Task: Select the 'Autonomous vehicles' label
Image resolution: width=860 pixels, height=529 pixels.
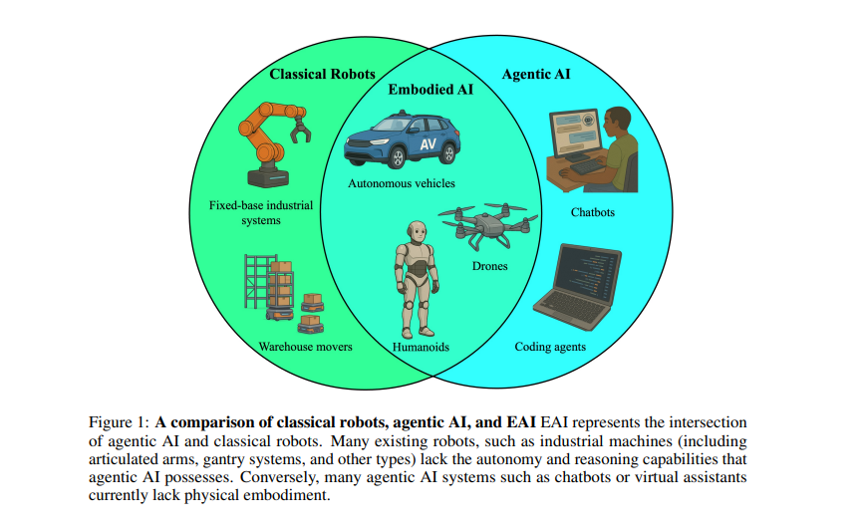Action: click(x=401, y=183)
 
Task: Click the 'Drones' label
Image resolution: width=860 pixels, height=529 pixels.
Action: click(x=489, y=266)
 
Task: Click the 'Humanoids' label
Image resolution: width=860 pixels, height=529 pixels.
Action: click(x=420, y=347)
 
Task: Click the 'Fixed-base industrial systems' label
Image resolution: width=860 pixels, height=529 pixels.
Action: click(x=260, y=212)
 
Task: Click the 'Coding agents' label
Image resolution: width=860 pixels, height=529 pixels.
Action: click(x=550, y=347)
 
